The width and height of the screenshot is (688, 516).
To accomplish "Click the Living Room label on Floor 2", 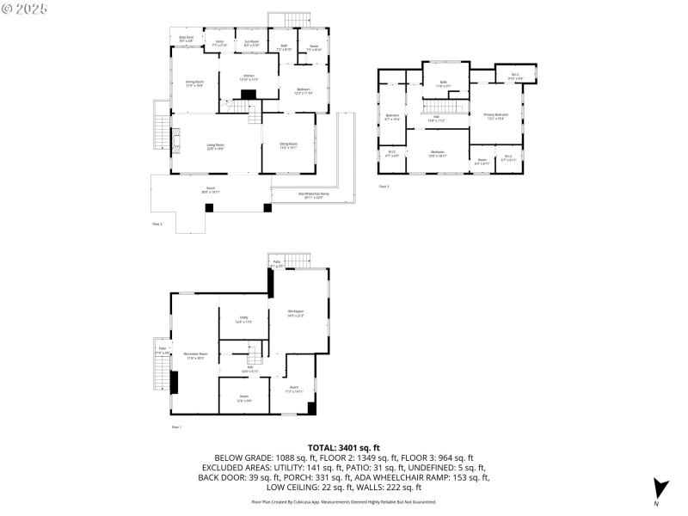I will coord(215,146).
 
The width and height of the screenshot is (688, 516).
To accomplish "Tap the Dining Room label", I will coord(194,83).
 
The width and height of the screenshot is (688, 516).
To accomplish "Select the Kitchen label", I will coord(249,77).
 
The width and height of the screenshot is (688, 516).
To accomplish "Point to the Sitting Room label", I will coord(288,145).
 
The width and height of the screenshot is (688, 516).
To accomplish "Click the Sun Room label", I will coord(251,43).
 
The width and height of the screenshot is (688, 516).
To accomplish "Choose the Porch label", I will coord(211,190).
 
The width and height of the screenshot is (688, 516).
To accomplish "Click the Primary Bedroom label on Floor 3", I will coord(495,116).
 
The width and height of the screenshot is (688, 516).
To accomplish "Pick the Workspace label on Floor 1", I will coord(296,313).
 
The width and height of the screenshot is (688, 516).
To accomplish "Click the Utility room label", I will coord(244,319).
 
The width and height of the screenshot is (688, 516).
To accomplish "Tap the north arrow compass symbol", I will coord(659,488).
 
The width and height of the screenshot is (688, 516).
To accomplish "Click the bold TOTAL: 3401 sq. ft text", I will coord(344,448).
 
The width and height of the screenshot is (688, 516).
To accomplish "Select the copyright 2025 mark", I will coord(25,8).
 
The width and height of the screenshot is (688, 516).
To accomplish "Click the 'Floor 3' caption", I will coord(384,186).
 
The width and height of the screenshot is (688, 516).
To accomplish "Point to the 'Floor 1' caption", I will coord(175,427).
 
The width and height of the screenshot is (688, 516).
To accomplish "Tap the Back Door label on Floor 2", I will coord(186,39).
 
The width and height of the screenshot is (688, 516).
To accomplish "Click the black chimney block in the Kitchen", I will coord(249,95).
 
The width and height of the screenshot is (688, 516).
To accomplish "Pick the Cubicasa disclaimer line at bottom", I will coord(344,501).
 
